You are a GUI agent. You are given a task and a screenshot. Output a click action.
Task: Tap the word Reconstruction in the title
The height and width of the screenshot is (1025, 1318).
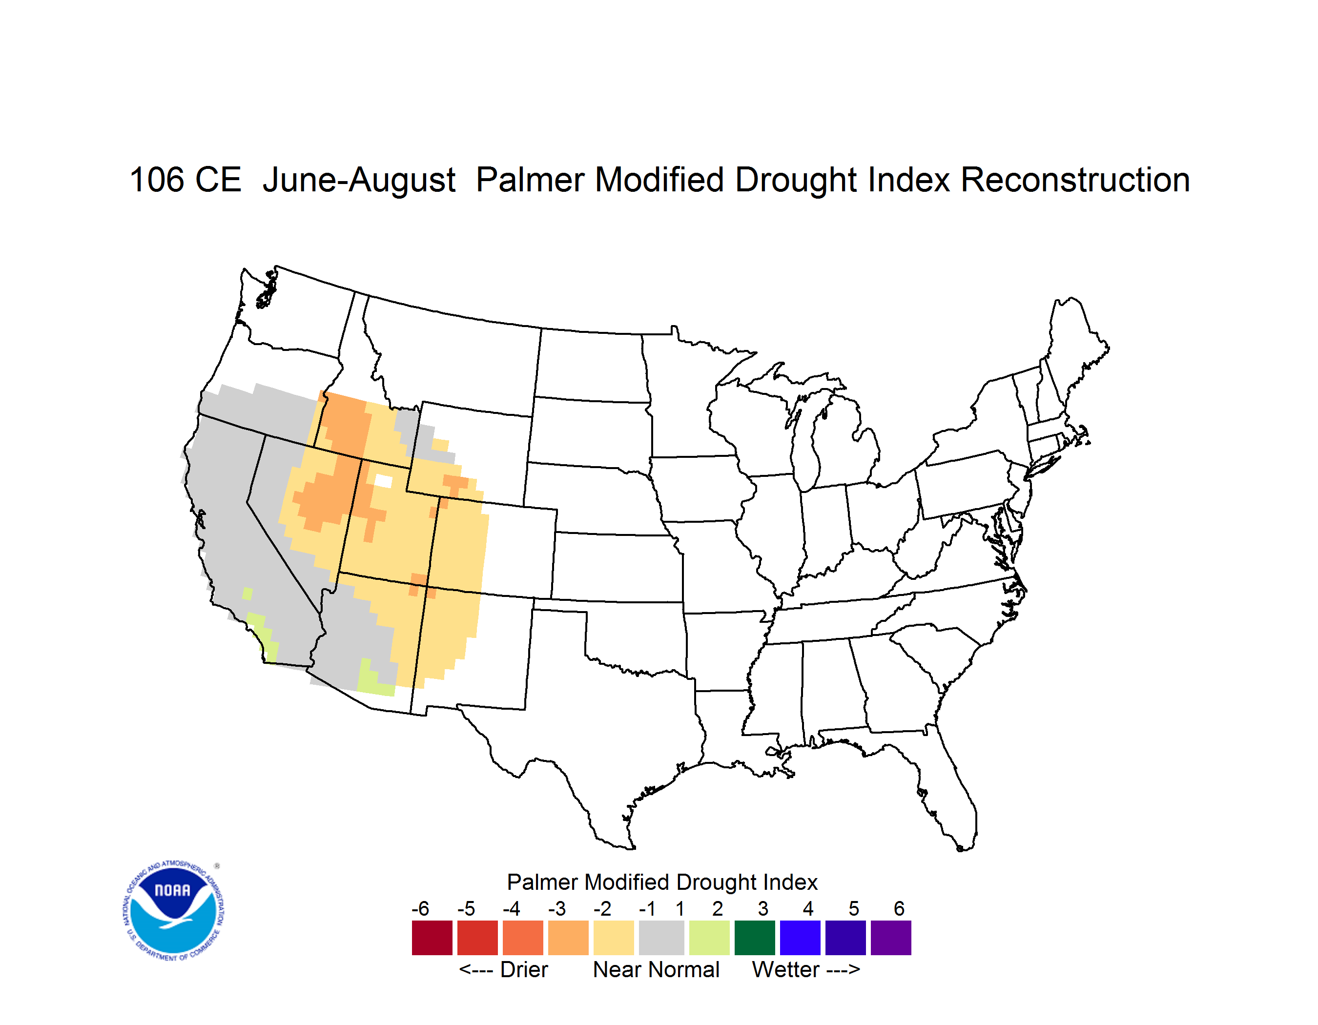(1075, 180)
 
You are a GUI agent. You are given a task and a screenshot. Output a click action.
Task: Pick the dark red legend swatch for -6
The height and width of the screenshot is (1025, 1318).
(432, 938)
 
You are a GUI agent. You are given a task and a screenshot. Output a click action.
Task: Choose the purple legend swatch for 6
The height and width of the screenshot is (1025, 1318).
(891, 938)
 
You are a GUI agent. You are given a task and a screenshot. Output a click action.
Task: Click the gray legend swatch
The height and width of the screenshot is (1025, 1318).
(661, 938)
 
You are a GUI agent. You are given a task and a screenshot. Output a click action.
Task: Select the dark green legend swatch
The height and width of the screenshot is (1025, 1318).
(754, 938)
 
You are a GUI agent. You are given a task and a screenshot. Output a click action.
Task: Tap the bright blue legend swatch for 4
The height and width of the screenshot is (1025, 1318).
(800, 938)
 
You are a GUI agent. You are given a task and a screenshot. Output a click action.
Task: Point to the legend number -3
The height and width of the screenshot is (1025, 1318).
(557, 908)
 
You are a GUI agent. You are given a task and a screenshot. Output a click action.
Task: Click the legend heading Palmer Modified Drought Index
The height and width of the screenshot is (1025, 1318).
(662, 882)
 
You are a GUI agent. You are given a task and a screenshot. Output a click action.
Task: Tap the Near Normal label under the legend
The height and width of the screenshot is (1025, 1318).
(656, 969)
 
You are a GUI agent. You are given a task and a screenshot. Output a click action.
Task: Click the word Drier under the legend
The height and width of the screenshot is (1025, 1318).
(524, 969)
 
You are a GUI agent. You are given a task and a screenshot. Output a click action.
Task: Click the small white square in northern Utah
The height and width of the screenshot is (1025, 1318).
(383, 481)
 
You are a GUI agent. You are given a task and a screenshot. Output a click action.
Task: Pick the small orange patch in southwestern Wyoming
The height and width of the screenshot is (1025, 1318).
(455, 483)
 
